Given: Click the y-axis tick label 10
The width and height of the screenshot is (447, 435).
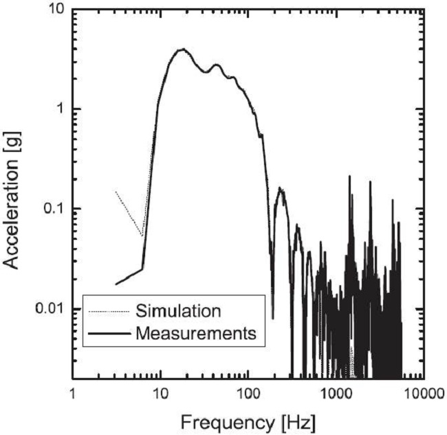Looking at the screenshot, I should [x=54, y=10].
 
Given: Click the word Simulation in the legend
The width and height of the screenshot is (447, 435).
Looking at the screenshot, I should [x=179, y=311].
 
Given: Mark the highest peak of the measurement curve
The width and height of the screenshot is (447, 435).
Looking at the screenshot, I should [x=182, y=49].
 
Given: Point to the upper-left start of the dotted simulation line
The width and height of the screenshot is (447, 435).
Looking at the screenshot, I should [x=116, y=191].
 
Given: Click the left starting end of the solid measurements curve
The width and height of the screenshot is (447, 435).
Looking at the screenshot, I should [x=116, y=284].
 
